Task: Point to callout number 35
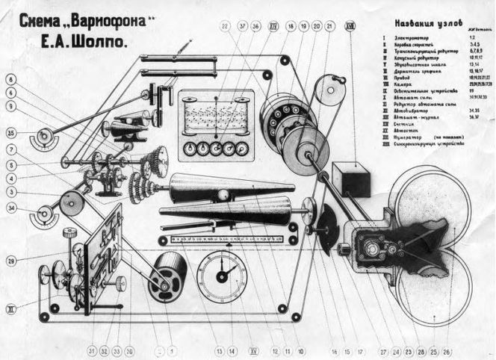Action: click(x=11, y=134)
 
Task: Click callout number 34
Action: click(x=11, y=208)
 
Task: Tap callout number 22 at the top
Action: click(x=225, y=25)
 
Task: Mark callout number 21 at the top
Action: click(x=329, y=25)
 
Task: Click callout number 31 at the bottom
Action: click(x=91, y=350)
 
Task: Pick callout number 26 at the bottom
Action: click(x=447, y=350)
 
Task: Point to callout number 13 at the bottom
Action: click(x=220, y=350)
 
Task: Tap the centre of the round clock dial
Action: click(x=221, y=276)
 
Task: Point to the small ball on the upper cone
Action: click(x=223, y=195)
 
